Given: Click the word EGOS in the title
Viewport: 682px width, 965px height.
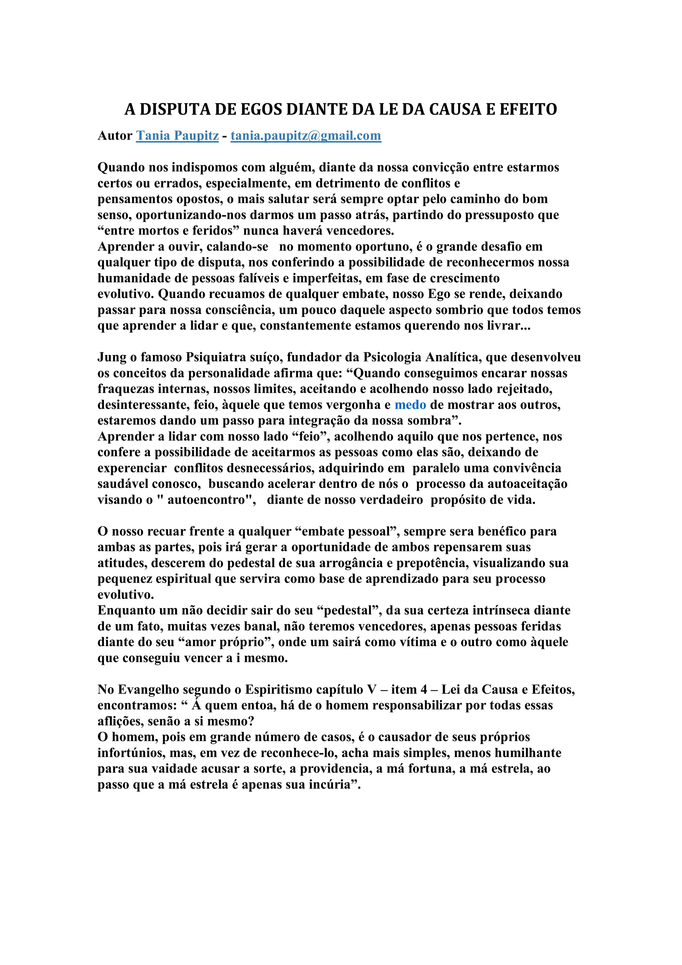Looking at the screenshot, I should [x=261, y=109].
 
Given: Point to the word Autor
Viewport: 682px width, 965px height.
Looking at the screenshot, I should [x=115, y=136].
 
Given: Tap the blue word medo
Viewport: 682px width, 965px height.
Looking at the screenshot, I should [x=410, y=405].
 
